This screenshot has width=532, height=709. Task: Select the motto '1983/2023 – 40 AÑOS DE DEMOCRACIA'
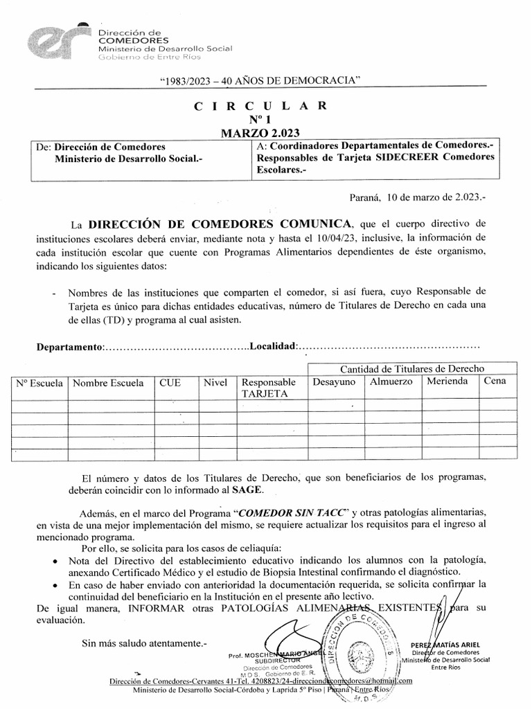pos(260,82)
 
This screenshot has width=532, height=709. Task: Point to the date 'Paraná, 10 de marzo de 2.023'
pos(418,197)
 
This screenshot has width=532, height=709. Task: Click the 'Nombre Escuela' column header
pos(109,383)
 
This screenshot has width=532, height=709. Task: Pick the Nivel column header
pos(215,382)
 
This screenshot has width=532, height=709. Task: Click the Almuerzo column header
pos(391,382)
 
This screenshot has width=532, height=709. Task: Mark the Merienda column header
pos(447,382)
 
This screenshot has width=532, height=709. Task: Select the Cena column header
pos(495,381)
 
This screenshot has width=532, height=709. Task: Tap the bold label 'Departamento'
pos(69,346)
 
